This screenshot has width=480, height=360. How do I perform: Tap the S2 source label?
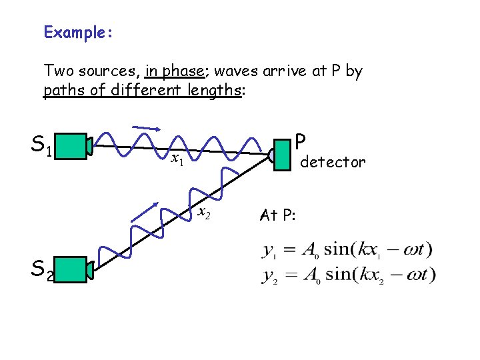pyautogui.click(x=43, y=269)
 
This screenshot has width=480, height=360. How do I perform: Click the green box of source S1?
pyautogui.click(x=76, y=146)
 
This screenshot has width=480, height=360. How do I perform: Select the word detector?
pyautogui.click(x=333, y=162)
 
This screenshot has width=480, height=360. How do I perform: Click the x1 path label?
pyautogui.click(x=177, y=159)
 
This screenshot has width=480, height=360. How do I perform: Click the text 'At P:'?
pyautogui.click(x=279, y=215)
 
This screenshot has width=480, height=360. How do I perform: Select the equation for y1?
pyautogui.click(x=347, y=251)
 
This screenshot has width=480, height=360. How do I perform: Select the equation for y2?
pyautogui.click(x=349, y=275)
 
